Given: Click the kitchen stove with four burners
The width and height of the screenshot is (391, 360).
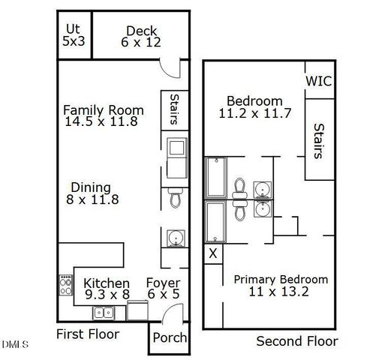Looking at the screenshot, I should [x=65, y=285].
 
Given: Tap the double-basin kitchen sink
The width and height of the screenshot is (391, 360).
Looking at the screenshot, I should [x=104, y=312].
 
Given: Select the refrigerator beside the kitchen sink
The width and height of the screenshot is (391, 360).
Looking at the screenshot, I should [x=137, y=311].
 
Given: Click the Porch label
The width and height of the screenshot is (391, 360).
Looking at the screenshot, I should [x=170, y=337].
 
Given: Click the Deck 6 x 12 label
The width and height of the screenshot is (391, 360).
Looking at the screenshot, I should [x=141, y=37].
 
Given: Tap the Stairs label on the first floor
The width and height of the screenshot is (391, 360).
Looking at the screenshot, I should [x=174, y=109].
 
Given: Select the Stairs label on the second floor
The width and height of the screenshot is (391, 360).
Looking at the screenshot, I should [x=318, y=142].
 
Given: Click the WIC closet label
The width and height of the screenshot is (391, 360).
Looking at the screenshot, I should [x=319, y=81].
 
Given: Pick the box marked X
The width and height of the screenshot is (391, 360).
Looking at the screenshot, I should [x=213, y=253].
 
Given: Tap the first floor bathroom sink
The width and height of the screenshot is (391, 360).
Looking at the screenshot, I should [x=175, y=239].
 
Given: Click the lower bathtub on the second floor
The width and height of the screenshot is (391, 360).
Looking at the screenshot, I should [x=215, y=220].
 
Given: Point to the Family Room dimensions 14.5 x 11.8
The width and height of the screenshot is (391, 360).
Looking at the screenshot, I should [x=101, y=121].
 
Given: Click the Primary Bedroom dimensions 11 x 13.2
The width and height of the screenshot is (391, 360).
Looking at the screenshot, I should [x=278, y=292].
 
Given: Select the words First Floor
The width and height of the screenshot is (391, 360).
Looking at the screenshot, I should [x=88, y=334].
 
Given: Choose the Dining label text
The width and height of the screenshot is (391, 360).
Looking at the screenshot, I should [x=91, y=187].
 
